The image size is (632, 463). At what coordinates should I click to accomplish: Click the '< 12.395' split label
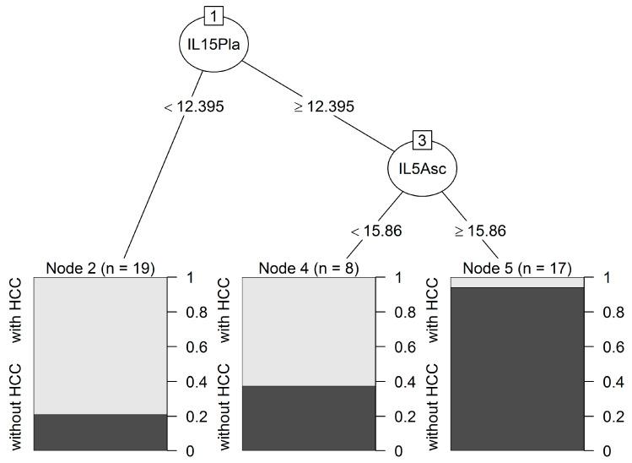coord(193,107)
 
